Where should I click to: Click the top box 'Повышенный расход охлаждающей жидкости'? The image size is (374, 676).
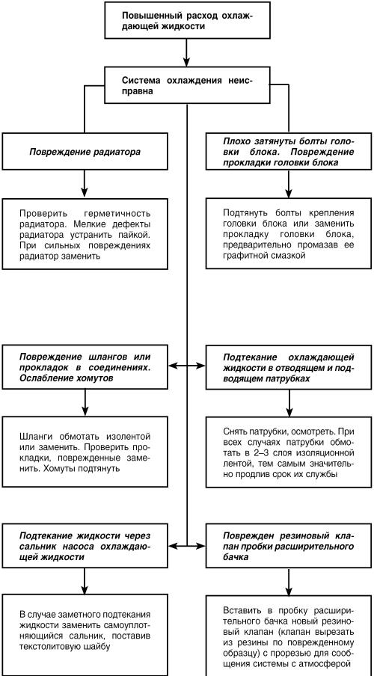tap(186, 20)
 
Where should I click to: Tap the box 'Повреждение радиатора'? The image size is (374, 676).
tap(85, 153)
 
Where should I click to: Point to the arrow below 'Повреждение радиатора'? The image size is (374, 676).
tap(85, 185)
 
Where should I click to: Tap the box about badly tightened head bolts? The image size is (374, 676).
tap(288, 153)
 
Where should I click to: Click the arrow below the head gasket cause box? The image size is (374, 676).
tap(288, 185)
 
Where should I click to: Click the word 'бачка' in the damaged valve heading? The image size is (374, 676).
tap(236, 556)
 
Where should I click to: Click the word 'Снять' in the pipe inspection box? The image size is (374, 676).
tap(235, 431)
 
